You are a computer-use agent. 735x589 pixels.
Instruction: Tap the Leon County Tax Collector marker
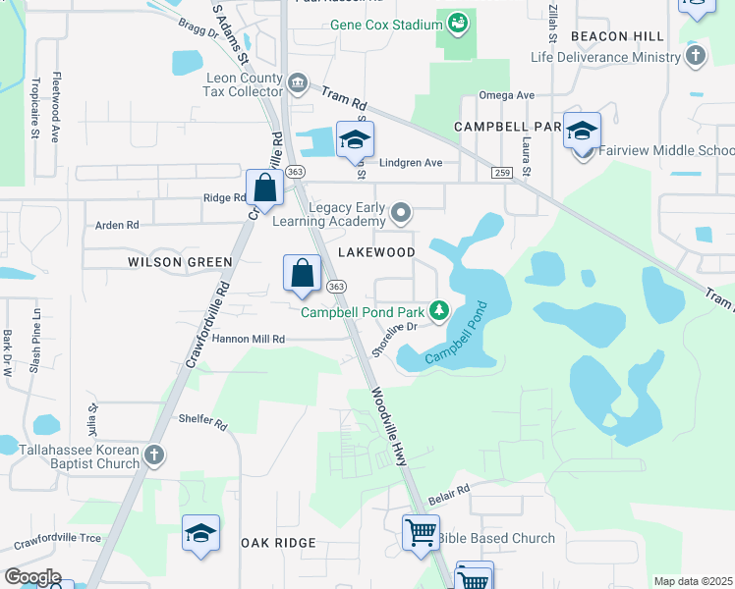pos(296,83)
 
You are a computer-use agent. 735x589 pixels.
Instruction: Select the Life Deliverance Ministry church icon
pos(696,57)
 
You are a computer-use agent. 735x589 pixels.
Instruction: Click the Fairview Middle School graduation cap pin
pos(582,132)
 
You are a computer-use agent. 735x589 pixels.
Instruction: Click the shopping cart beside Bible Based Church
pos(421,533)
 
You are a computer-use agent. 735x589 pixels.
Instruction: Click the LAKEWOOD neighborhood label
pos(376,252)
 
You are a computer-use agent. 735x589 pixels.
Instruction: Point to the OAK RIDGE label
pos(277,543)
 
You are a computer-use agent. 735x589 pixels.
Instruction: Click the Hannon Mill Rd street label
pos(248,339)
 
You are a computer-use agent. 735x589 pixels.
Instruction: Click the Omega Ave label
pos(505,95)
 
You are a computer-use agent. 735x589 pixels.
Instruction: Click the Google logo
pos(32,577)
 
